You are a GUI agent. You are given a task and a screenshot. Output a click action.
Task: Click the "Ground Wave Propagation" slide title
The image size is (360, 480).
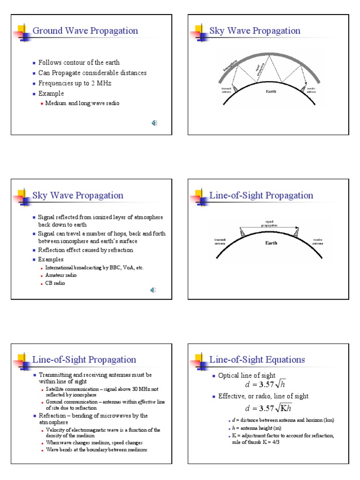pos(85,31)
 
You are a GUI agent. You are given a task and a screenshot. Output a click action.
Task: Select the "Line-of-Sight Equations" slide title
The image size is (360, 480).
pos(257,360)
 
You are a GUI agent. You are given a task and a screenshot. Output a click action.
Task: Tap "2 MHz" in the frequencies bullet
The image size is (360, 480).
pos(102,83)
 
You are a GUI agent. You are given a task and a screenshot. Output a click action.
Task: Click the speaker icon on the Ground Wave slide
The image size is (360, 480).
pos(154,123)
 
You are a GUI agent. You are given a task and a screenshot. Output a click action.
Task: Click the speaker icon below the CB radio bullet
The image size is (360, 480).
pos(153,291)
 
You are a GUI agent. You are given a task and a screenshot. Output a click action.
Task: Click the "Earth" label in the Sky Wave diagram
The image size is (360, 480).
pos(271,91)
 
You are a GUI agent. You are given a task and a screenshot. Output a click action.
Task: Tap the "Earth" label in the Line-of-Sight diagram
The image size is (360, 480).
pos(271,243)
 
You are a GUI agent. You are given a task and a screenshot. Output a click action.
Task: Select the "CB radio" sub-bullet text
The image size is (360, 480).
pos(57,283)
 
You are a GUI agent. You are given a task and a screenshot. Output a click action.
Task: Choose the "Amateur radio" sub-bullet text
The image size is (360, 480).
pos(61,275)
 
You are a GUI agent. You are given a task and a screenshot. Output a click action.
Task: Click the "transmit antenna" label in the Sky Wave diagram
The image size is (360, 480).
pos(226,90)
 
